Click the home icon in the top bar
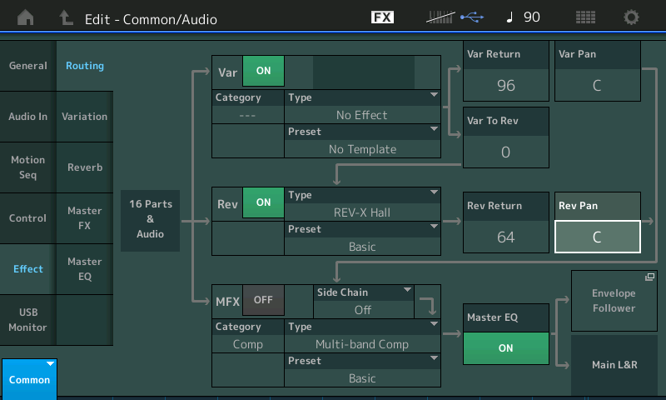tap(26, 17)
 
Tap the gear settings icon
tap(631, 17)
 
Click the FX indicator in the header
tap(382, 17)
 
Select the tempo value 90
tap(531, 17)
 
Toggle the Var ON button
tap(263, 71)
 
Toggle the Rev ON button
tap(263, 202)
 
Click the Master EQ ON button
tap(505, 348)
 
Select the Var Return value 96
tap(506, 86)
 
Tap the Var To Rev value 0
tap(506, 152)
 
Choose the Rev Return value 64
tap(506, 237)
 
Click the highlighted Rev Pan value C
tap(597, 237)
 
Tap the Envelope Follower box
tap(614, 301)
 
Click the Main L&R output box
tap(614, 365)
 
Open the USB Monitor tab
tap(28, 320)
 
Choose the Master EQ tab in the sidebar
tap(85, 269)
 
